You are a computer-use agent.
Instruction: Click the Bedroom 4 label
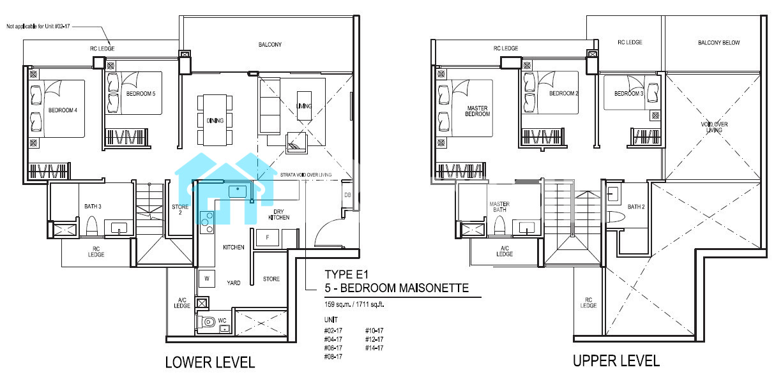pos(63,110)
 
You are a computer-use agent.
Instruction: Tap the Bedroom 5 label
pos(141,94)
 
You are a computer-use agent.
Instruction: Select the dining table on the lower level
pos(215,120)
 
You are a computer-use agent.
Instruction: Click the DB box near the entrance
pos(347,195)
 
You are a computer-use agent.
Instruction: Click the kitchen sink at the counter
pos(238,191)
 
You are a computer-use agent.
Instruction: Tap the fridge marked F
pos(268,238)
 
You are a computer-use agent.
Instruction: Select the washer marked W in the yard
pos(206,279)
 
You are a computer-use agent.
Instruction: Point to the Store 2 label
pos(180,209)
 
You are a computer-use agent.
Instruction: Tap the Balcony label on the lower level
pos(270,45)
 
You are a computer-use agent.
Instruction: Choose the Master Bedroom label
pos(478,111)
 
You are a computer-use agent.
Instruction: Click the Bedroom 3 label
pos(629,94)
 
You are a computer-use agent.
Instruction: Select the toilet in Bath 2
pos(616,216)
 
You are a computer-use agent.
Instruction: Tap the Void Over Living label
pos(714,127)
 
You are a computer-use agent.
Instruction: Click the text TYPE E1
pos(346,274)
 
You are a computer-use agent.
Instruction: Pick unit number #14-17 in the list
pos(374,348)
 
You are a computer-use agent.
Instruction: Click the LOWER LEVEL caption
pos(210,362)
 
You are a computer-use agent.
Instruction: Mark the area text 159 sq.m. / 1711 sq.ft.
pos(354,304)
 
